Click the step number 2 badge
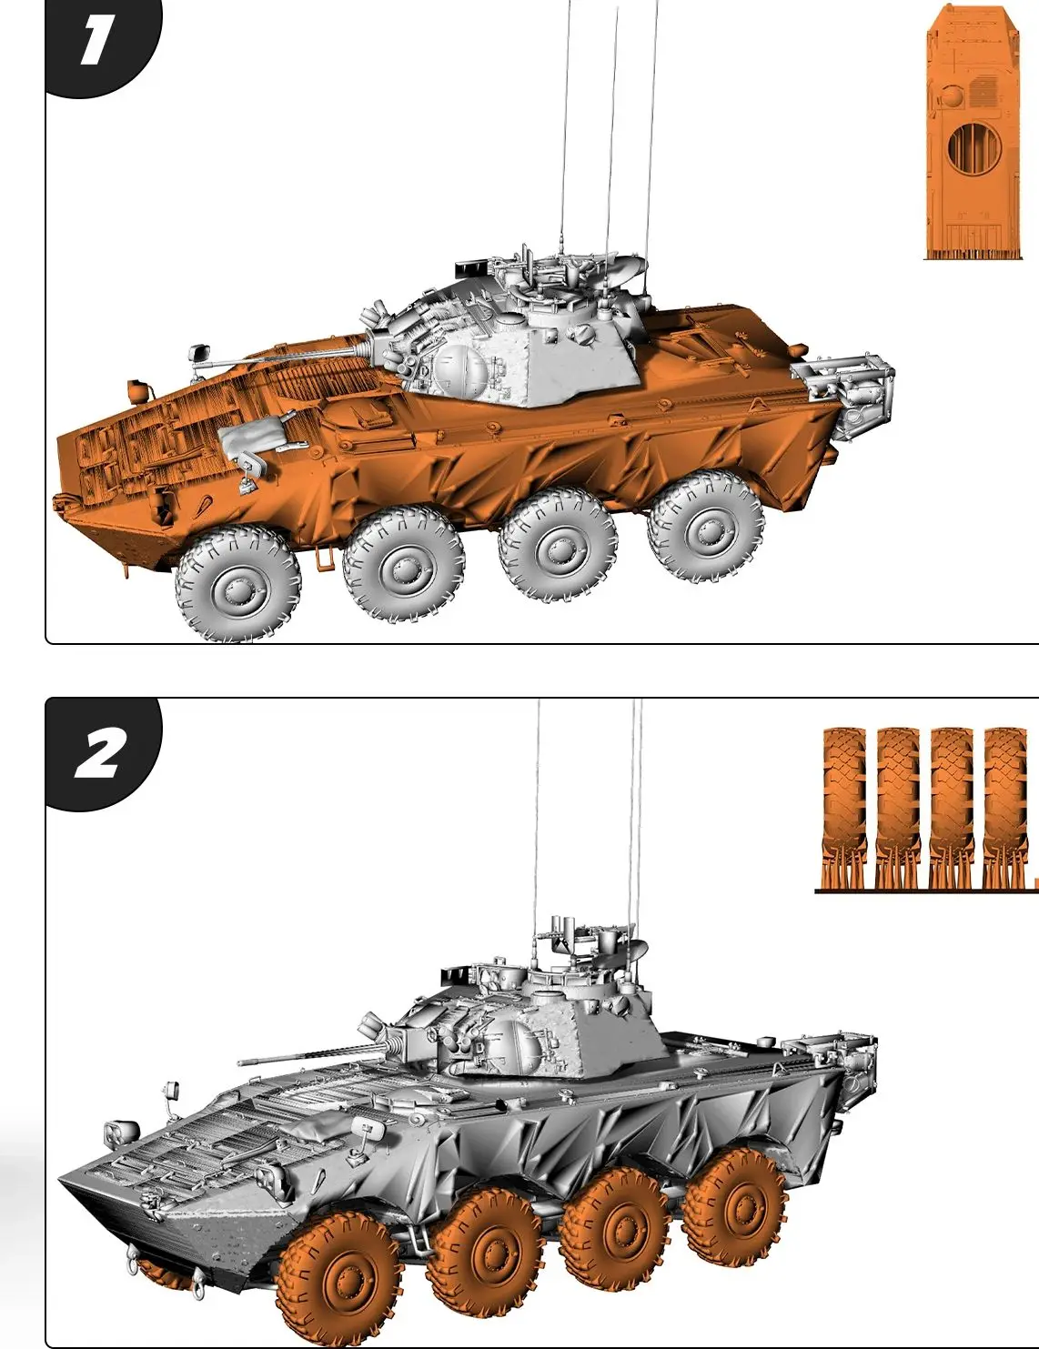(x=100, y=754)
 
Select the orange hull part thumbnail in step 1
(x=968, y=133)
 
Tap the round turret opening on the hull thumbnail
(x=973, y=147)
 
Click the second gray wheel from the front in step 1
(x=403, y=564)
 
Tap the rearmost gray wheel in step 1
(x=705, y=527)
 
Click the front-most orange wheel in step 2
(x=339, y=1283)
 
